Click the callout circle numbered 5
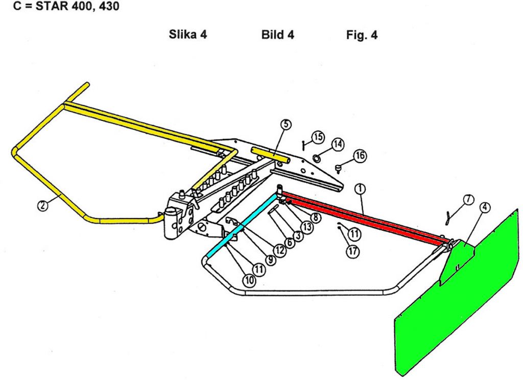pos(286,124)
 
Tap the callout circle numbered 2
pos(43,205)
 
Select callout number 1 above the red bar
pos(360,189)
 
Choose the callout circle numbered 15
pos(318,137)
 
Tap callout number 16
pos(360,156)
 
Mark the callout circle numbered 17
pos(352,251)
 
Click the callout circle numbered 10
pos(249,279)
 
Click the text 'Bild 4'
pos(277,35)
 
